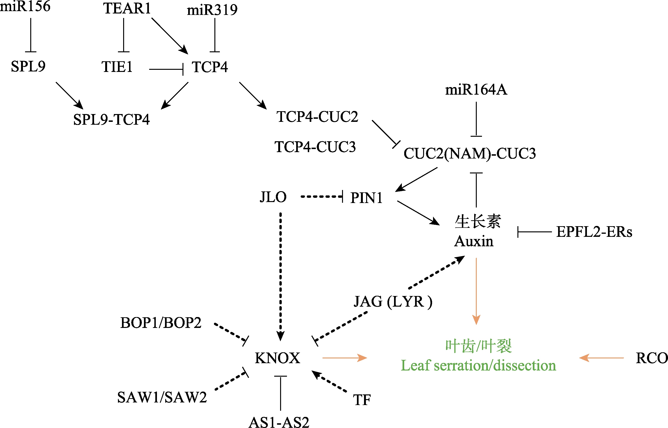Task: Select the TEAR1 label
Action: pos(127,8)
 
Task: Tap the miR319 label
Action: pos(212,10)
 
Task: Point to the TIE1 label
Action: pos(117,67)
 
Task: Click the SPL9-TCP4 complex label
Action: pos(111,120)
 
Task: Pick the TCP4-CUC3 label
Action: pos(315,147)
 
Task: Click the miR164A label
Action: pos(476,90)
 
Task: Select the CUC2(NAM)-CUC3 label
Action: pos(469,153)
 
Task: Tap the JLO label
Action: pos(273,197)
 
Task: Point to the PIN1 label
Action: pos(366,198)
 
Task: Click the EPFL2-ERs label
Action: pos(594,232)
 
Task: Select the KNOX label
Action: pos(277,358)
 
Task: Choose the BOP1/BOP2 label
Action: pos(161,323)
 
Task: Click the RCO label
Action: pos(652,358)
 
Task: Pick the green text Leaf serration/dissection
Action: pos(478,366)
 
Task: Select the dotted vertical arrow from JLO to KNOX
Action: pos(280,275)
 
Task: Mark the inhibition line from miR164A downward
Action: pos(476,119)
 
